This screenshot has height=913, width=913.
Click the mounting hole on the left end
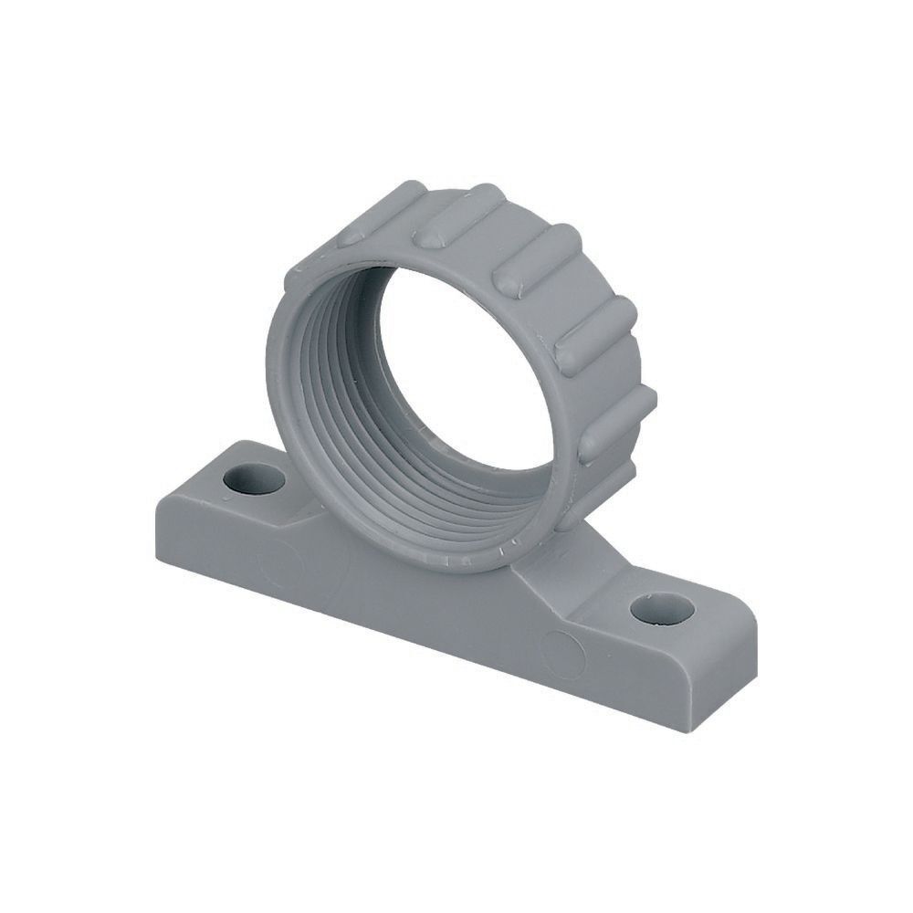click(x=253, y=478)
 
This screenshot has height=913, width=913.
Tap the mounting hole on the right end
click(x=662, y=607)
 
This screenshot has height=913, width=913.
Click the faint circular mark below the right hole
click(x=562, y=654)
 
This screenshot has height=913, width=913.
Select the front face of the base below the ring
click(x=411, y=603)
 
